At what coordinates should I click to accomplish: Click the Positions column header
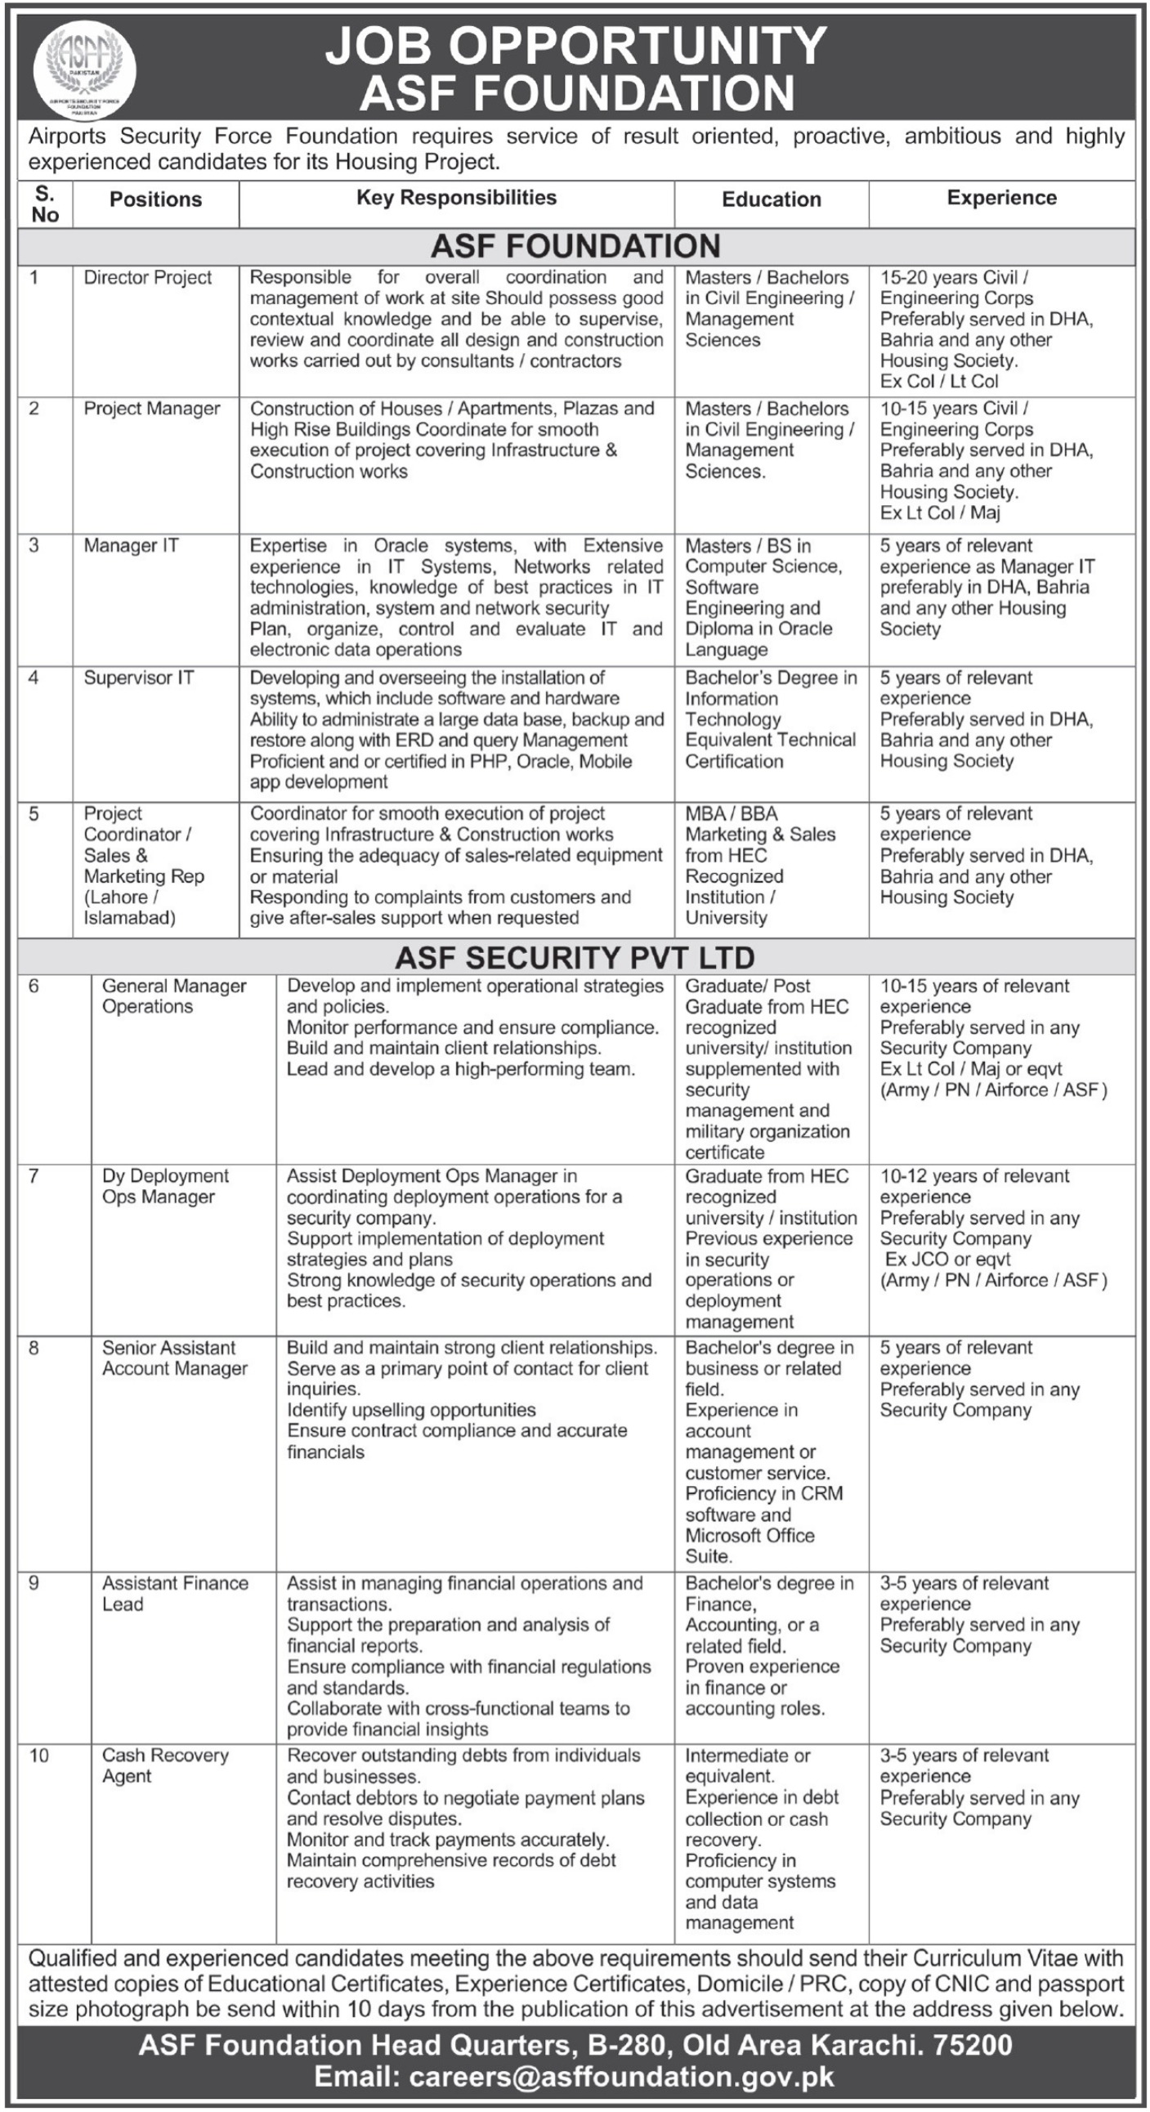(156, 199)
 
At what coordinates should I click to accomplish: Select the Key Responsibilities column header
(456, 198)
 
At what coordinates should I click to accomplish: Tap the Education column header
(771, 199)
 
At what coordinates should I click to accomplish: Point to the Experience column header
(1001, 198)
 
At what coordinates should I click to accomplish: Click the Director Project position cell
(148, 278)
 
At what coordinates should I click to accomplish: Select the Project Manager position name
(152, 409)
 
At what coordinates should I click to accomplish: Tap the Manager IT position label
(131, 545)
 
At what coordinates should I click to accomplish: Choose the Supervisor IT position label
(138, 678)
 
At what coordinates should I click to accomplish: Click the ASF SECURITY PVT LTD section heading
(575, 958)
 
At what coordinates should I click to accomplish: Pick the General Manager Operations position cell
(174, 996)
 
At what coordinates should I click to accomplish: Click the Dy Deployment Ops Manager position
(165, 1186)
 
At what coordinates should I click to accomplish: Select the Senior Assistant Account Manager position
(175, 1358)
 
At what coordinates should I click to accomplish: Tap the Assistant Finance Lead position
(175, 1593)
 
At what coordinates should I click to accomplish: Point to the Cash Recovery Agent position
(165, 1765)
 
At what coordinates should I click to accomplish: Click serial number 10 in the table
(38, 1756)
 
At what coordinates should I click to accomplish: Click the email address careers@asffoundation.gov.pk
(621, 2076)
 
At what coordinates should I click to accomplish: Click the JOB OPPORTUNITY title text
(576, 45)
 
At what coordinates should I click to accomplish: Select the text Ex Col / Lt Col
(939, 381)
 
